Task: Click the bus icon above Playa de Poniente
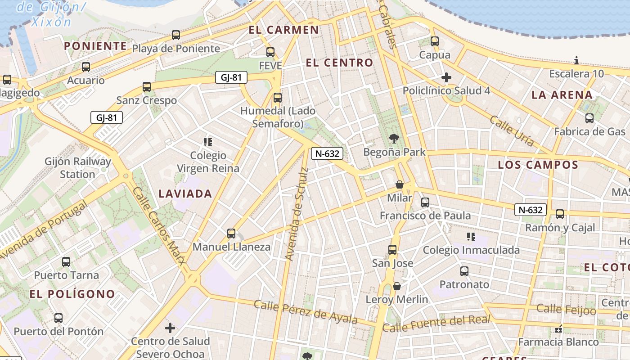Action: pos(176,35)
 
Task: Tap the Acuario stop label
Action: pos(85,81)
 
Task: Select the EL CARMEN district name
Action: pos(284,30)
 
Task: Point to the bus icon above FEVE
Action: pos(270,52)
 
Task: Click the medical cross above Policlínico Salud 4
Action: pos(446,77)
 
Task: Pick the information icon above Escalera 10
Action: pos(576,60)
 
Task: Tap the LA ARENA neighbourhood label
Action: pos(562,95)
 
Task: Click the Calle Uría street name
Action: pos(512,131)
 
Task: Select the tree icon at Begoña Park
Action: pos(395,139)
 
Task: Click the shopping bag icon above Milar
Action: pos(399,184)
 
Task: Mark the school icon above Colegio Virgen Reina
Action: pos(208,142)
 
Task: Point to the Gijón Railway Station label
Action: pos(78,167)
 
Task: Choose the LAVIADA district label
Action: pos(185,194)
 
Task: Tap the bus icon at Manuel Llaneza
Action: pos(231,234)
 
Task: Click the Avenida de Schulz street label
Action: pos(297,214)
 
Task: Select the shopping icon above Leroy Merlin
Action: pos(397,286)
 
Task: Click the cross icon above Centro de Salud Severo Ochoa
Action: pos(170,328)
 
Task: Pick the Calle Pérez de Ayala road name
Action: pos(306,312)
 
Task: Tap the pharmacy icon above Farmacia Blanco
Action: pos(558,329)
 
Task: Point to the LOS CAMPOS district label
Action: pos(538,165)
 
